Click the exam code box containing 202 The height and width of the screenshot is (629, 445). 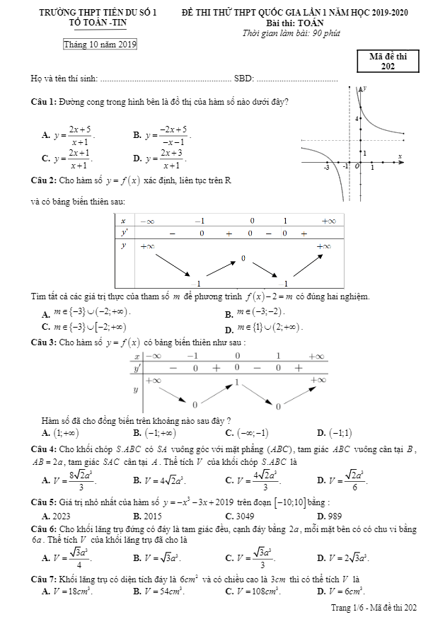388,62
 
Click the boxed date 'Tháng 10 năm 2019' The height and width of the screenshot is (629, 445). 99,45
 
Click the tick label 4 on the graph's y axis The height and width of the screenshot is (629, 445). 358,118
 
